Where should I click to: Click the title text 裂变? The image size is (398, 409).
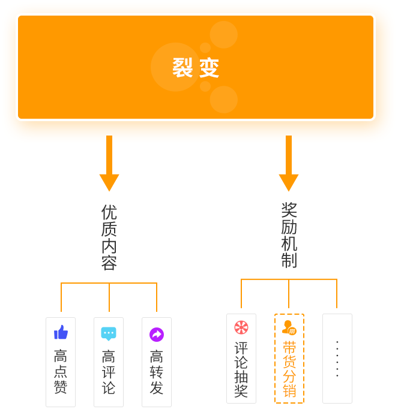[x=196, y=68]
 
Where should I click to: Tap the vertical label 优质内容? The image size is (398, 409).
[x=109, y=237]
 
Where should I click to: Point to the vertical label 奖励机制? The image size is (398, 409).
[x=289, y=234]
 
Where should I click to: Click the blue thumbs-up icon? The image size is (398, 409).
[x=61, y=332]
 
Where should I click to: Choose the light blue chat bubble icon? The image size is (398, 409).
[x=109, y=333]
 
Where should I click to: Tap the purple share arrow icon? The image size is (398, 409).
[x=157, y=334]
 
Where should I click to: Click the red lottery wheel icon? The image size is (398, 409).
[x=241, y=327]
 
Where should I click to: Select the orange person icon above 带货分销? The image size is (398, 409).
[x=289, y=328]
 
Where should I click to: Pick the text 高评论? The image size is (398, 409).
[x=109, y=372]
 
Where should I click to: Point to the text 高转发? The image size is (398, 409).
[x=157, y=372]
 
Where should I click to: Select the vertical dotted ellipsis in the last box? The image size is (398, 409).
[x=337, y=359]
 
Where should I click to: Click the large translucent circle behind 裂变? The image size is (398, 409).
[x=175, y=67]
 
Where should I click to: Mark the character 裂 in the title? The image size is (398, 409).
[x=182, y=68]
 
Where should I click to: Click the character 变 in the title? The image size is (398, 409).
[x=210, y=68]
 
